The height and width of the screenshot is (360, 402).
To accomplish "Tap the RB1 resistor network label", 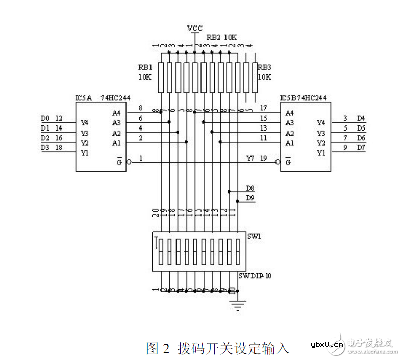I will click(x=144, y=67).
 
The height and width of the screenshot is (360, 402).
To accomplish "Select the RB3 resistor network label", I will click(x=264, y=67).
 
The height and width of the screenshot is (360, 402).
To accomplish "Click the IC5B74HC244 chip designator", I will click(x=303, y=97).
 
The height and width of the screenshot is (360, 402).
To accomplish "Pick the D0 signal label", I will click(x=45, y=119).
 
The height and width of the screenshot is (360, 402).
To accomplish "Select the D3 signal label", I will click(x=45, y=148).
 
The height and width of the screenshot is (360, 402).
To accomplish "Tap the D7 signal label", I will click(x=361, y=148).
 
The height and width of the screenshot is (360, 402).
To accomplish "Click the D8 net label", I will click(x=250, y=188).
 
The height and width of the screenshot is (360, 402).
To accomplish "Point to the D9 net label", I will click(x=250, y=198).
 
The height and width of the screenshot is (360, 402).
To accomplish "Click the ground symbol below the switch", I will click(x=236, y=305).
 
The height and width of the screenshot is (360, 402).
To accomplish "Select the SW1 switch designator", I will click(x=253, y=237).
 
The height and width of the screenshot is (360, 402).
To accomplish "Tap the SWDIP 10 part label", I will click(x=255, y=276).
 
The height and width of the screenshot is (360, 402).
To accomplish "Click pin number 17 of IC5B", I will click(x=263, y=108).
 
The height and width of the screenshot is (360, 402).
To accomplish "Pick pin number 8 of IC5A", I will click(x=140, y=108).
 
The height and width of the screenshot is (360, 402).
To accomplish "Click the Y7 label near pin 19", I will click(x=250, y=158).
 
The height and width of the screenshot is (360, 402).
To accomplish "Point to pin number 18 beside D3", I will click(x=59, y=148).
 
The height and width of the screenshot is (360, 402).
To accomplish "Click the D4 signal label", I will click(x=361, y=119).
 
